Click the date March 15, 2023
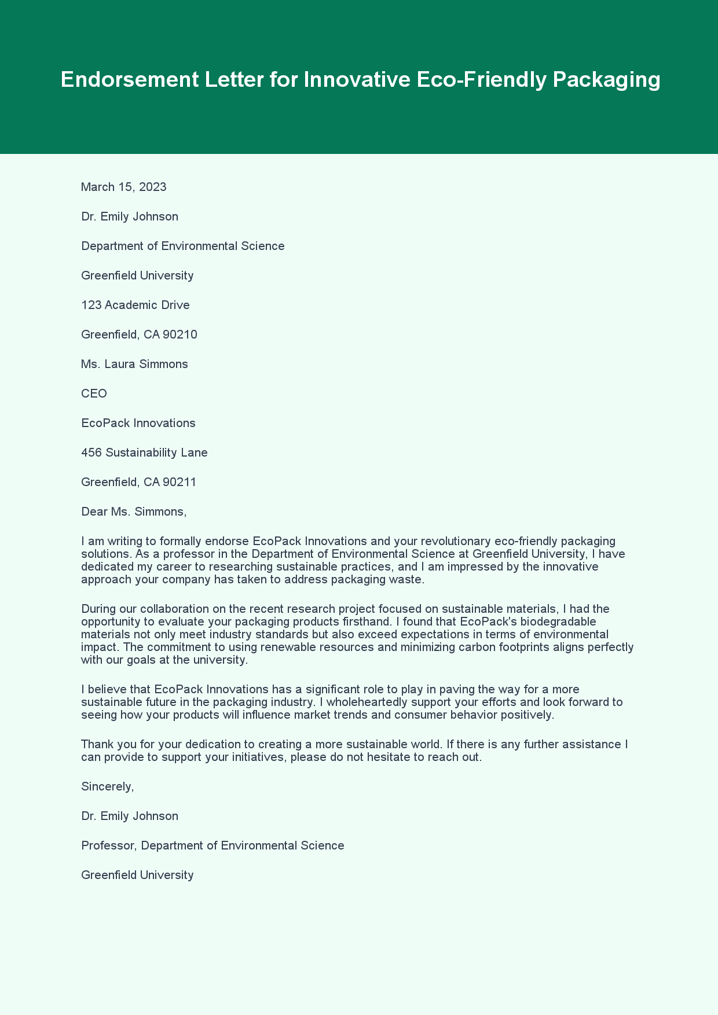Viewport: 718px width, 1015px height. point(124,187)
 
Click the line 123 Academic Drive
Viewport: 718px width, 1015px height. point(135,305)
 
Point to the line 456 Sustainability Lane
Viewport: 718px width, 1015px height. point(144,453)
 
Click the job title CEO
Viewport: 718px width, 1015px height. point(94,394)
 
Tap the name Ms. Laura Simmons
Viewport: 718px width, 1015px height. point(134,364)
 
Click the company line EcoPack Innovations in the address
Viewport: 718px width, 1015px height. point(138,423)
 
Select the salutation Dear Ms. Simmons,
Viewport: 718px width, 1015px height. point(134,512)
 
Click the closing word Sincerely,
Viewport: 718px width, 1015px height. point(108,786)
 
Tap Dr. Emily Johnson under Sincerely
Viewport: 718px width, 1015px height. point(130,816)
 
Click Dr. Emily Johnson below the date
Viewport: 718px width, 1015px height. point(130,216)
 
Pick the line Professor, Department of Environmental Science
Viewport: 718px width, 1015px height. point(213,845)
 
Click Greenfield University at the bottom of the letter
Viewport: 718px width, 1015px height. point(137,875)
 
